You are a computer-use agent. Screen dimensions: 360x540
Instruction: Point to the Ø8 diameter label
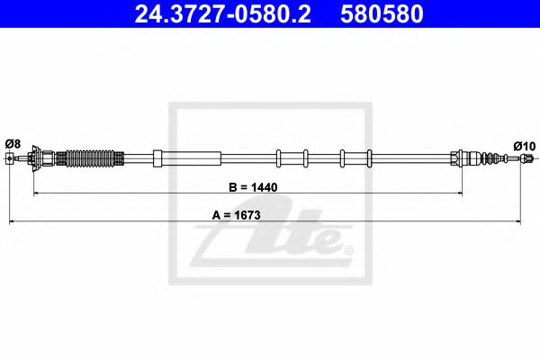coord(13,143)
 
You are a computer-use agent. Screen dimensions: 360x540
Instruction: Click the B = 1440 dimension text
coord(255,188)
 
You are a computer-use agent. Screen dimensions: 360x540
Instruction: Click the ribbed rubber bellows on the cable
coord(91,160)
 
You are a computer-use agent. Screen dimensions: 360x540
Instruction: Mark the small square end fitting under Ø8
coord(10,160)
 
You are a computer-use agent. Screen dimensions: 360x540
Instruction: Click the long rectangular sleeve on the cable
coord(187,158)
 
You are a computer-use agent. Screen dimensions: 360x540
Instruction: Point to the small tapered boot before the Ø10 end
coord(490,158)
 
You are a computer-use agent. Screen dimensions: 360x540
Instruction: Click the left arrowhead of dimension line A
coord(13,220)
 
